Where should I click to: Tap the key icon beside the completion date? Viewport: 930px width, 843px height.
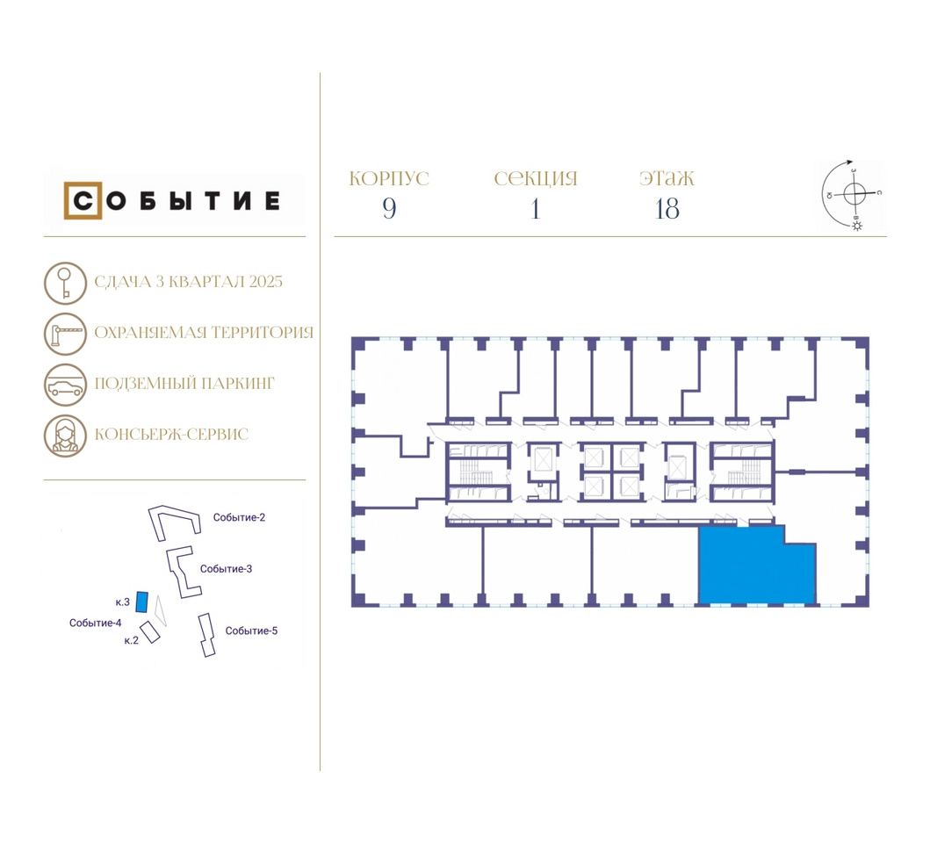[x=65, y=284]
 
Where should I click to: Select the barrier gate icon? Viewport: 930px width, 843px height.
[x=65, y=334]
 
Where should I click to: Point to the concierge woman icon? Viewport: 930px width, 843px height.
[x=65, y=436]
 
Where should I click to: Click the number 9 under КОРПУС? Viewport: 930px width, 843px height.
[x=389, y=208]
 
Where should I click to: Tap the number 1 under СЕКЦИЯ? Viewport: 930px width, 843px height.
[x=536, y=208]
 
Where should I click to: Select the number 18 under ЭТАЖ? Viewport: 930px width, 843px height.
[x=667, y=209]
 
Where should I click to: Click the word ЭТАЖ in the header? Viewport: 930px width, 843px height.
[x=667, y=178]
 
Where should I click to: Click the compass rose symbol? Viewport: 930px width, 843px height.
[x=854, y=193]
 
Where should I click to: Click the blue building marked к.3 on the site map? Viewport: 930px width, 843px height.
[x=141, y=602]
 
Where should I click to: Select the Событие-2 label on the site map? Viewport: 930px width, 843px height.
[x=239, y=517]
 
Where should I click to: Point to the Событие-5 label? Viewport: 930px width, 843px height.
[x=251, y=630]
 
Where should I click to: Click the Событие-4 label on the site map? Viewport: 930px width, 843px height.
[x=96, y=623]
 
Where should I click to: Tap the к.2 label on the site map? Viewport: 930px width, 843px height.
[x=131, y=640]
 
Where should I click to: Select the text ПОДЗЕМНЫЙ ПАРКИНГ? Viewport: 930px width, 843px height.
[x=184, y=383]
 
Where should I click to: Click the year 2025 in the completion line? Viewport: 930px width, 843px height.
[x=266, y=282]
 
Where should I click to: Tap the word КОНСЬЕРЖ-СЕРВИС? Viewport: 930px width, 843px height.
[x=171, y=435]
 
